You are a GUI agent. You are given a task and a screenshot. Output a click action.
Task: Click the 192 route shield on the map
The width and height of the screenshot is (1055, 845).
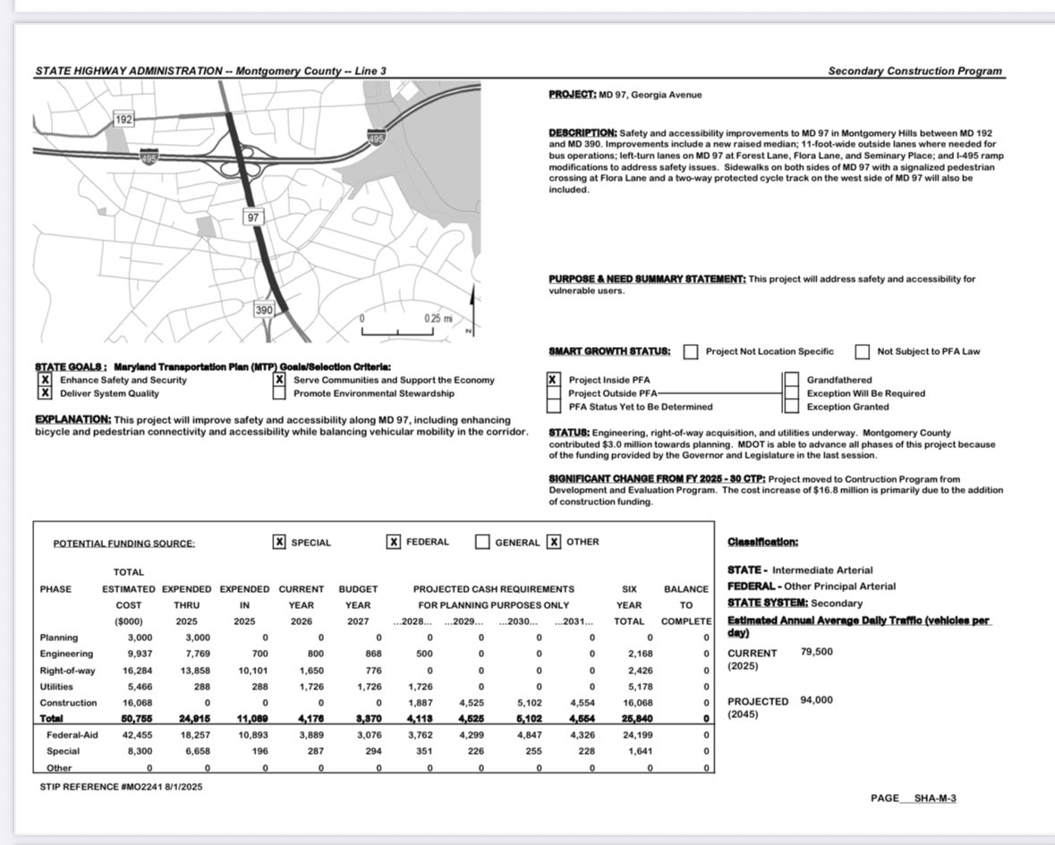(124, 119)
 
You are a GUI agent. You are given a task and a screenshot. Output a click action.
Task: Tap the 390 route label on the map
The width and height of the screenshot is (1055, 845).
(264, 310)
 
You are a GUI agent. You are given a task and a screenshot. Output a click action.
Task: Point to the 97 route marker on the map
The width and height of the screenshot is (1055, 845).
(253, 217)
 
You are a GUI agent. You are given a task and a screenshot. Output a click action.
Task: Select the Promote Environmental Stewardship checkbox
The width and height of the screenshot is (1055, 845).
(280, 393)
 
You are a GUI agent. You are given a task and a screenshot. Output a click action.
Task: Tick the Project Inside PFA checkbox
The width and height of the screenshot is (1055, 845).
(555, 380)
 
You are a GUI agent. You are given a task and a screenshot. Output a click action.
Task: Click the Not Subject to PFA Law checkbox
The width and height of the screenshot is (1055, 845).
(863, 351)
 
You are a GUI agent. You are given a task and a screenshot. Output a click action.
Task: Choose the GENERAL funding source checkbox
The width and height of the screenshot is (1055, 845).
(482, 542)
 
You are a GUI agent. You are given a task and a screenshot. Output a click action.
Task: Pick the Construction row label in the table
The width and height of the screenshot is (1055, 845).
(68, 703)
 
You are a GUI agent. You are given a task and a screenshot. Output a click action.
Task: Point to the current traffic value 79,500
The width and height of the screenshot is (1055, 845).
(816, 652)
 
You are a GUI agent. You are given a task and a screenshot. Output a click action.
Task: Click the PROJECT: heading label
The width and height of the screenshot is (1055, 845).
(573, 94)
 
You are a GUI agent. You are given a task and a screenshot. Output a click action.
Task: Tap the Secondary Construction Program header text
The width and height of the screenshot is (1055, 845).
(915, 72)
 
